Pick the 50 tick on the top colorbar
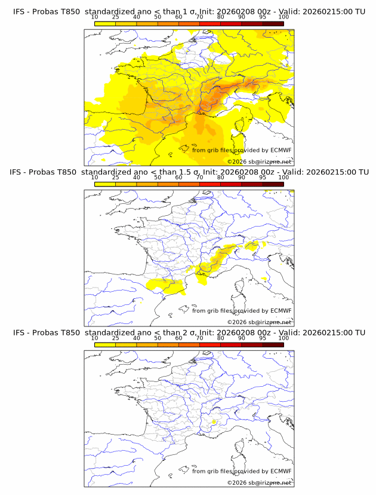[158, 17]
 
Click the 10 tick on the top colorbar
[95, 17]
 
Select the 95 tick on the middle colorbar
[263, 178]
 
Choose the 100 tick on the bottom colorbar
[283, 338]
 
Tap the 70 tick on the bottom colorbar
[199, 338]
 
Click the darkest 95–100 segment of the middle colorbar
[273, 184]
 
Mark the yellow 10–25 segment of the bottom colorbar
[105, 344]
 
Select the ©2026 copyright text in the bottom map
[259, 482]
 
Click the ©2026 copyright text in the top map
[259, 161]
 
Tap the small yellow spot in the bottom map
[214, 423]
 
